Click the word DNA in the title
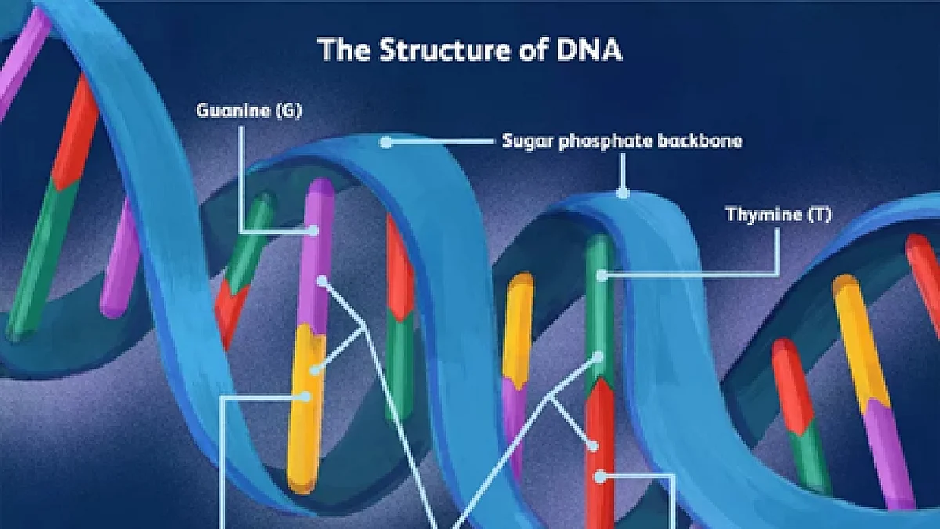[x=589, y=49]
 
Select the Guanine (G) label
[x=249, y=111]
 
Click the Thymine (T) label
[x=779, y=214]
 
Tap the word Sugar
[x=527, y=142]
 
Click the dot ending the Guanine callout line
[x=313, y=230]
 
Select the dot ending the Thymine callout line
[x=602, y=276]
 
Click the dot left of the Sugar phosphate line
[x=385, y=142]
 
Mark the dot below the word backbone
[x=624, y=193]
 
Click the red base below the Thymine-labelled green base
[x=601, y=454]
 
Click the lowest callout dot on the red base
[x=601, y=477]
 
